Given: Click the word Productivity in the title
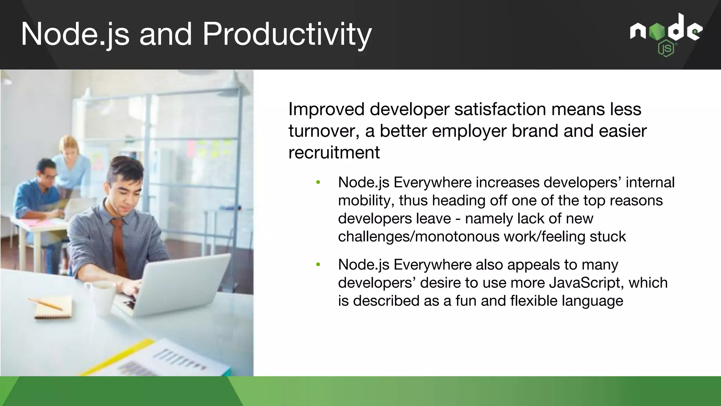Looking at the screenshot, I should tap(287, 34).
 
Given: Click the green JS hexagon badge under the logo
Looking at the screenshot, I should tap(666, 49).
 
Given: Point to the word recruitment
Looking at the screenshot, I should tap(334, 153).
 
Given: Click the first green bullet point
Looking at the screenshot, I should tap(318, 183).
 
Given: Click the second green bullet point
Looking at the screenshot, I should tap(318, 265).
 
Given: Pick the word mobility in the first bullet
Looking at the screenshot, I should tap(366, 201).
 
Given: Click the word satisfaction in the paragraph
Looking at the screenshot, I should tap(500, 109).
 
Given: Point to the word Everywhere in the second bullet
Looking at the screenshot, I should tap(432, 265).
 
